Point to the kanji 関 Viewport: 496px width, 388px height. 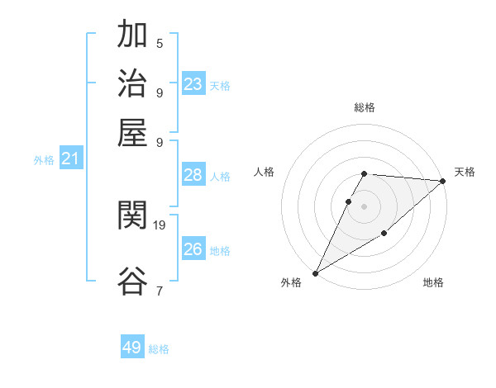click(x=132, y=216)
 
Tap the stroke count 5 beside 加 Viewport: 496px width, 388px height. click(x=160, y=43)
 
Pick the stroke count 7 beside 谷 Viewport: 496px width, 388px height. click(x=160, y=290)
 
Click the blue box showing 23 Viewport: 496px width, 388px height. click(x=193, y=84)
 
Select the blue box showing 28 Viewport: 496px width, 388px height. click(x=193, y=175)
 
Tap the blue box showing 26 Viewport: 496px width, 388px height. click(x=193, y=249)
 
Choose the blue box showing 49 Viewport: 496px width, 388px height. click(x=132, y=348)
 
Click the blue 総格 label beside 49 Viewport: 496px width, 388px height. click(x=159, y=349)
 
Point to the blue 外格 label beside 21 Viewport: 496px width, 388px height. click(x=44, y=160)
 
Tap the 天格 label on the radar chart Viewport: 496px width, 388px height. click(x=465, y=172)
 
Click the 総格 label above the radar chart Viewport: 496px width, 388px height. click(x=365, y=107)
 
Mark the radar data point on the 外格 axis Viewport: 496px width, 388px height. click(x=315, y=273)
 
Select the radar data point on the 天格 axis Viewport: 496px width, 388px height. click(x=443, y=182)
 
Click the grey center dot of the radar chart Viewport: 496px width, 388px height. click(x=365, y=206)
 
